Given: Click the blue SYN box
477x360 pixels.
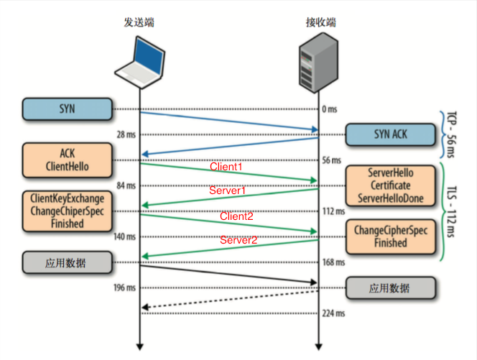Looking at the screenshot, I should tap(68, 109).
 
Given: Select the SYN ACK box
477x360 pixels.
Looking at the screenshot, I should tap(389, 134).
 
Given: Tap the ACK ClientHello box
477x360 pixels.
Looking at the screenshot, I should tap(68, 160).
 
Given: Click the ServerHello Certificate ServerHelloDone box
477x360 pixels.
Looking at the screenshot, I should tap(389, 185).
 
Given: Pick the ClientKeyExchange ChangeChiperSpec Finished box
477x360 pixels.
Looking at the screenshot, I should tap(68, 211).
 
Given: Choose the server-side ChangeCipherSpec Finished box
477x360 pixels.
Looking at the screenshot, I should tap(389, 237).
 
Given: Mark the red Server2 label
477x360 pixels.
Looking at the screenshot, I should tap(238, 240).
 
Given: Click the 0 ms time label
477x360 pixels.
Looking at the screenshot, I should tap(330, 109).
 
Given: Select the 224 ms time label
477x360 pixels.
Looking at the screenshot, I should tap(333, 313).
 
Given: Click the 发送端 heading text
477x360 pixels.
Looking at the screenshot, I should tap(139, 22).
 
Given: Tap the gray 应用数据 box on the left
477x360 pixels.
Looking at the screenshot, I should tap(68, 262).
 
